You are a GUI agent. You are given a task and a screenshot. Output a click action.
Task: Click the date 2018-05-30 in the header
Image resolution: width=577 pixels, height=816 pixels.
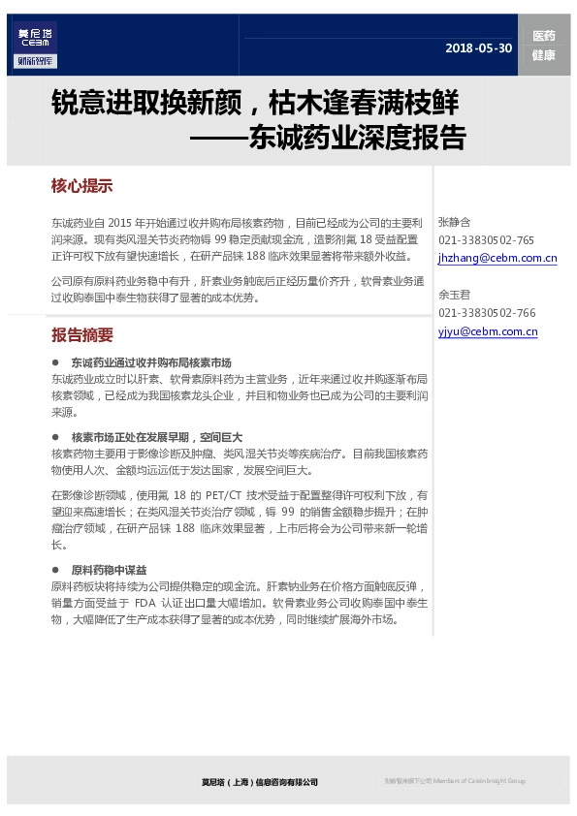478,48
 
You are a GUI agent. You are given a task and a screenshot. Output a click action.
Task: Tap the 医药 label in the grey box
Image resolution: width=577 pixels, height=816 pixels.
543,36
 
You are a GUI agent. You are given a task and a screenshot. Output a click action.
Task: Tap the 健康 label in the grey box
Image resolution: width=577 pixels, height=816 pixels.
543,55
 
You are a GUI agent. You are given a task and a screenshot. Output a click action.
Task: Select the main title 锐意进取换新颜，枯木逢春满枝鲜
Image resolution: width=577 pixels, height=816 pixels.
254,102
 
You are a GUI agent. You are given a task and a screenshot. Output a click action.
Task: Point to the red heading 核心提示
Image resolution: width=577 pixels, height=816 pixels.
82,186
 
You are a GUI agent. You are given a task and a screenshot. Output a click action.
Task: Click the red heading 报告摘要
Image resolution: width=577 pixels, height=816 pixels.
82,335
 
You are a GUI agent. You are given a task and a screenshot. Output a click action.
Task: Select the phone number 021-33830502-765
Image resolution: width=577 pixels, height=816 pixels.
486,240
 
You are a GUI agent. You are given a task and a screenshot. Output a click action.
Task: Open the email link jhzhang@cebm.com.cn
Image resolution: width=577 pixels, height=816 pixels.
497,259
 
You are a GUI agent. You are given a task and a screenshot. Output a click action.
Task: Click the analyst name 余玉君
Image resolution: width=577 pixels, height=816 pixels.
454,295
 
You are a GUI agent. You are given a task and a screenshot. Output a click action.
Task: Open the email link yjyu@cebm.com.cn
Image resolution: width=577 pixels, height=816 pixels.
488,331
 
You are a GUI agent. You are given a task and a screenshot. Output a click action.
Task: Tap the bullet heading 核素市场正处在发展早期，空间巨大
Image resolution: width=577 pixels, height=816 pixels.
156,437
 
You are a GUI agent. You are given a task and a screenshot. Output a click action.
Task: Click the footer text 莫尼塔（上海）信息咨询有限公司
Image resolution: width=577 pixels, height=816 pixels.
259,781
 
